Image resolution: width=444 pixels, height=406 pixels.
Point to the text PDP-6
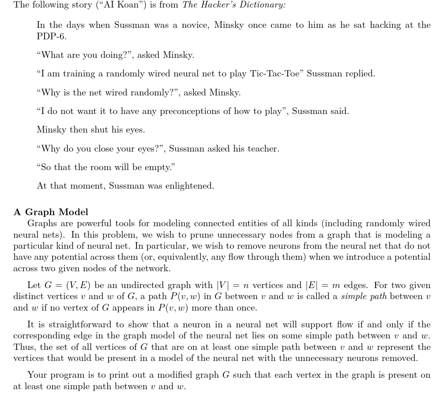pos(51,37)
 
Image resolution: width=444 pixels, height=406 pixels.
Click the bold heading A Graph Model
pos(51,212)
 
